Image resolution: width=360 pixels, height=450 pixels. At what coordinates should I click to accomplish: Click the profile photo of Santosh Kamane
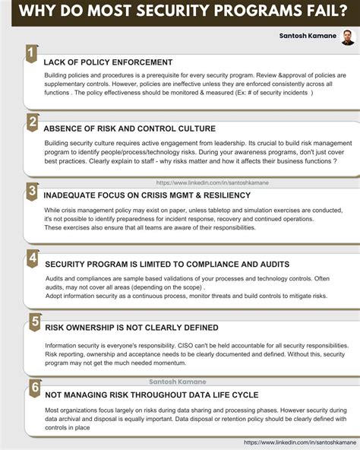[x=348, y=37]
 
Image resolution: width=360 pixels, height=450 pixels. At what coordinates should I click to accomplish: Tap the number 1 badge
[x=30, y=52]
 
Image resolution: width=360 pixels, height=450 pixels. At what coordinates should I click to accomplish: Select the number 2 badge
[x=32, y=122]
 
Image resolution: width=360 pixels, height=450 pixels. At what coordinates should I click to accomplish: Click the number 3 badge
[x=32, y=191]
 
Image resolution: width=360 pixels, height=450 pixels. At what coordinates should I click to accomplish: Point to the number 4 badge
[x=32, y=258]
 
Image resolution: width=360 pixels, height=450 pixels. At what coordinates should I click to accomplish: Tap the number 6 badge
[x=34, y=388]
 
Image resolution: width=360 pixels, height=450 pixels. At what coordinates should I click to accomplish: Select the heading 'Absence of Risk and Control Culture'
[x=129, y=128]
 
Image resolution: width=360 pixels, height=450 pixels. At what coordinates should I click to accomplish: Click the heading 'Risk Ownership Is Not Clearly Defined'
[x=131, y=328]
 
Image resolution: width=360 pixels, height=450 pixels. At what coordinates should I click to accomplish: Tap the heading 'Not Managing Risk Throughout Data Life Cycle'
[x=152, y=395]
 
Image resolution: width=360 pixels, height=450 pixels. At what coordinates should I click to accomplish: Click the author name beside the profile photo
[x=308, y=36]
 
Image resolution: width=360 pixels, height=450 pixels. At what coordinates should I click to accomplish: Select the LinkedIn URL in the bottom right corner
[x=300, y=442]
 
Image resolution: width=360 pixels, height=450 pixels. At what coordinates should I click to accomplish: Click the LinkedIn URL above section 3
[x=212, y=182]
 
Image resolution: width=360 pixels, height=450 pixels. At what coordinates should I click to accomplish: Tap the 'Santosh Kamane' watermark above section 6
[x=178, y=382]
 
